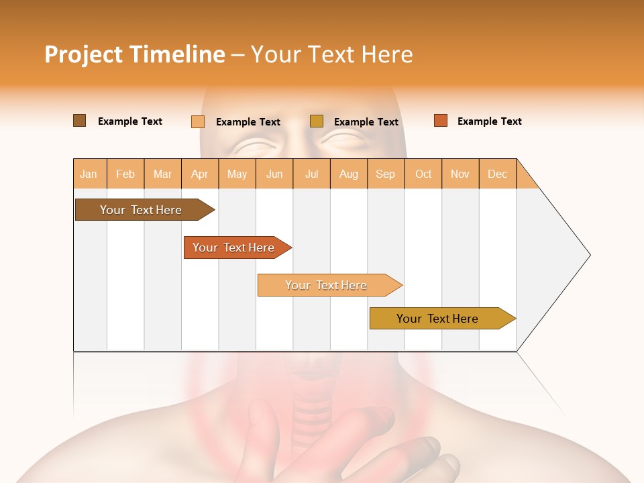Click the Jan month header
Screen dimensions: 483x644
(89, 174)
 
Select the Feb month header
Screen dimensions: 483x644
(125, 174)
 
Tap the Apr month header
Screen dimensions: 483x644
(199, 174)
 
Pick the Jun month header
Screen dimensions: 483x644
(274, 174)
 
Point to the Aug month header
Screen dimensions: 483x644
(348, 174)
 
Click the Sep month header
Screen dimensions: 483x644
(385, 174)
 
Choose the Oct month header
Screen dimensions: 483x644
(423, 174)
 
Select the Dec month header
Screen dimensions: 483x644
(497, 174)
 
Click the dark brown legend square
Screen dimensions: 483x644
(79, 121)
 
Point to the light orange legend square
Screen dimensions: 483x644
(198, 121)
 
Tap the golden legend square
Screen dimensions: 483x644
(317, 121)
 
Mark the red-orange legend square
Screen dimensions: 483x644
(440, 121)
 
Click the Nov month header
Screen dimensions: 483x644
(460, 174)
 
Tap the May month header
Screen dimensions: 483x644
(237, 174)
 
